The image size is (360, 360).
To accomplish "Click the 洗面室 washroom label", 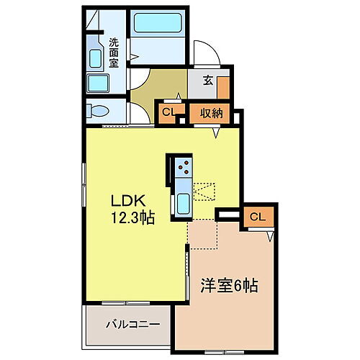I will click(x=114, y=53).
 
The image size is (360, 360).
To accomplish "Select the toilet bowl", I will click(x=98, y=112).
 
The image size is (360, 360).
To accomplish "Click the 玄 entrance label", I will click(x=207, y=80).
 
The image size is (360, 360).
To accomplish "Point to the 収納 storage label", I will click(x=210, y=112).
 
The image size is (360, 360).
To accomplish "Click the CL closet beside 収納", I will click(x=168, y=112).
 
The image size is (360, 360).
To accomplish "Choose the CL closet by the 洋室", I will click(x=257, y=217).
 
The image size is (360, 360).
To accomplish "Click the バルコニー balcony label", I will click(x=128, y=323).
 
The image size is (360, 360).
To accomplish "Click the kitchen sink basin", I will click(x=183, y=203).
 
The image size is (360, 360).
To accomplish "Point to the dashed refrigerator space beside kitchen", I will click(x=205, y=190).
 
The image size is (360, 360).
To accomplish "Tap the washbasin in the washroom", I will click(x=94, y=59).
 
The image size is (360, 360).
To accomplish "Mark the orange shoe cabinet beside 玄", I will click(x=223, y=86).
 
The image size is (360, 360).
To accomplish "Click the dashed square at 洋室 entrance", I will click(x=203, y=233).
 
